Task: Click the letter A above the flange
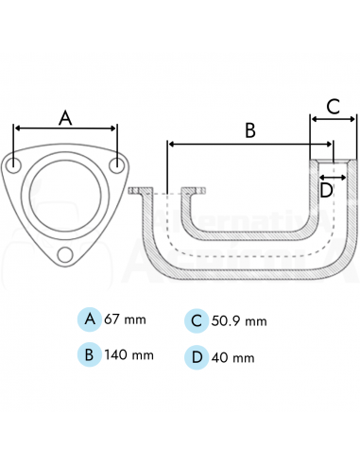tap(65, 118)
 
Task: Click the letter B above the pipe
tap(249, 130)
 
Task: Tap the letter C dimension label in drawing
tap(334, 106)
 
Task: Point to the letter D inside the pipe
tap(326, 189)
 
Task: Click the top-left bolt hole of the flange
tap(14, 165)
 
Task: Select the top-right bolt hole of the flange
tap(116, 165)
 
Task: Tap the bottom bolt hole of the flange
tap(65, 255)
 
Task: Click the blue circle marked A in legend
tap(90, 319)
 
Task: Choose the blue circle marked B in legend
tap(90, 354)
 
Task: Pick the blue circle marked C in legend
tap(197, 320)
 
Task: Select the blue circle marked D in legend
tap(197, 356)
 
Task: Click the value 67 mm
tap(125, 319)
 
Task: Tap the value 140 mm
tap(129, 355)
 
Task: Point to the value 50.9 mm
tap(238, 321)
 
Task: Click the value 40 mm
tap(232, 357)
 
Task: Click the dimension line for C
tap(334, 119)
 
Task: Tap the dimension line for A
tap(65, 129)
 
